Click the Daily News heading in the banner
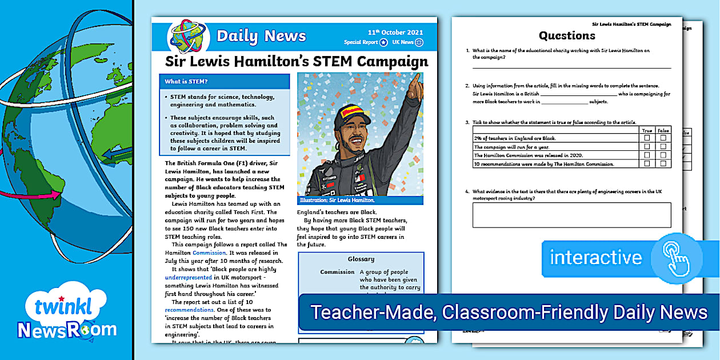[x=261, y=36]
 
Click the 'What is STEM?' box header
[x=186, y=82]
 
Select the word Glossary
[x=361, y=259]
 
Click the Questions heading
[x=567, y=35]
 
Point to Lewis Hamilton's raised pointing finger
[x=417, y=78]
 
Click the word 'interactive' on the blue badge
[x=595, y=257]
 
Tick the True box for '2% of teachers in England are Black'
[x=647, y=138]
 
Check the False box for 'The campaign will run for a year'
[x=663, y=147]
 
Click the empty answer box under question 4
[x=571, y=215]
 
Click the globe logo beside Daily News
[x=189, y=36]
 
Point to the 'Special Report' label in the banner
[x=361, y=42]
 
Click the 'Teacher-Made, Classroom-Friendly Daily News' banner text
[x=509, y=313]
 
